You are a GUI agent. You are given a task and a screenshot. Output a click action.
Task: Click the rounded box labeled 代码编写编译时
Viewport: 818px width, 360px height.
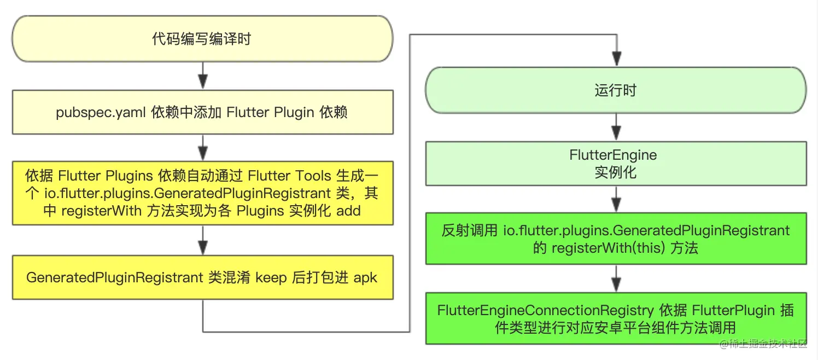[202, 39]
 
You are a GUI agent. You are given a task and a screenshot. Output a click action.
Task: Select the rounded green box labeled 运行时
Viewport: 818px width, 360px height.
[616, 90]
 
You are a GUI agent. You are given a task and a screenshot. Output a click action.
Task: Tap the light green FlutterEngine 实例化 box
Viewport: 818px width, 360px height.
[616, 163]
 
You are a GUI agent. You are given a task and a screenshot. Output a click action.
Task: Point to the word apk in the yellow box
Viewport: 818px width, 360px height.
[365, 277]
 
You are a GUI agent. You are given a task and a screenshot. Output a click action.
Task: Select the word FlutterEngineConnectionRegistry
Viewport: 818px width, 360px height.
[545, 311]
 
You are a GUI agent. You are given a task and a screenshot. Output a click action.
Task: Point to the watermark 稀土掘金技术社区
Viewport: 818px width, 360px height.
[763, 344]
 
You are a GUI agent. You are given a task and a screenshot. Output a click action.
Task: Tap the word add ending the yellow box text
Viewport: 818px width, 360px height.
[348, 211]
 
